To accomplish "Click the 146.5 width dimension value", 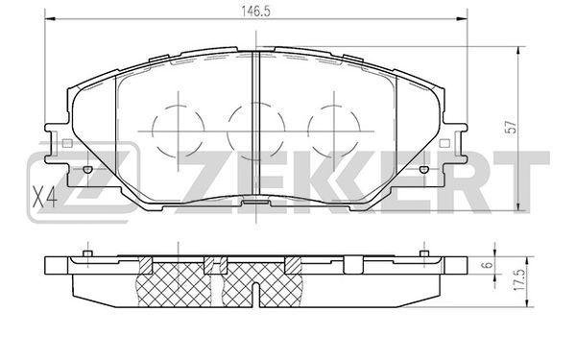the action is [255, 12].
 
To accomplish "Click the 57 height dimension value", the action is [511, 127].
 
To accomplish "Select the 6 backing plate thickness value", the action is [488, 265].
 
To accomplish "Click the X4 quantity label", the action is [44, 197].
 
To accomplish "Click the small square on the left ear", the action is [67, 143].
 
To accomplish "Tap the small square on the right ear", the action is [444, 143].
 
